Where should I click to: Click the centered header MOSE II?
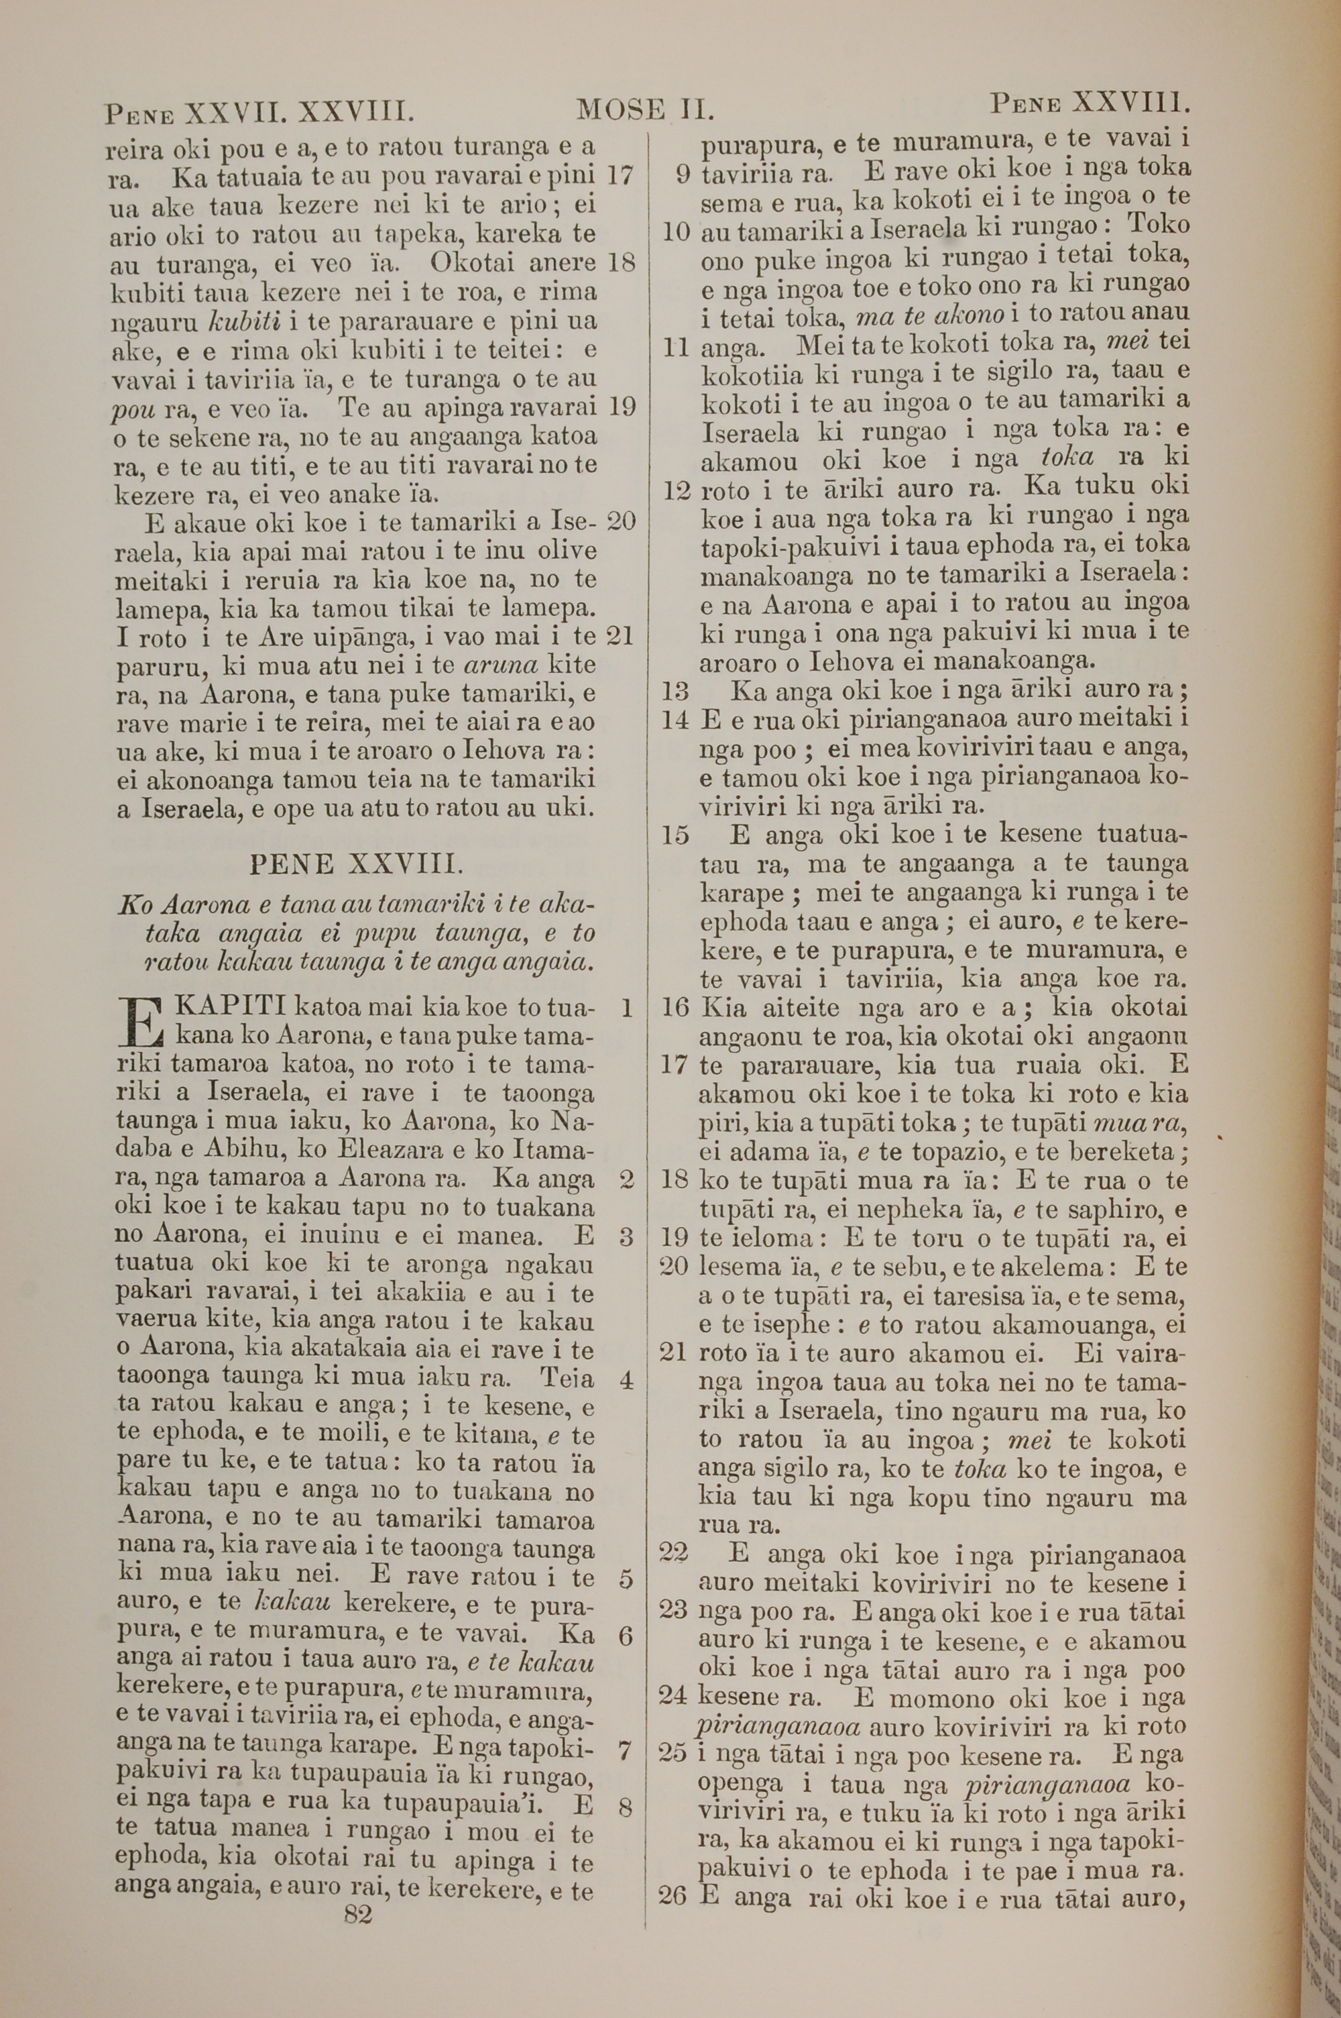[646, 110]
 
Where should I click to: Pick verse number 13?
[675, 690]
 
